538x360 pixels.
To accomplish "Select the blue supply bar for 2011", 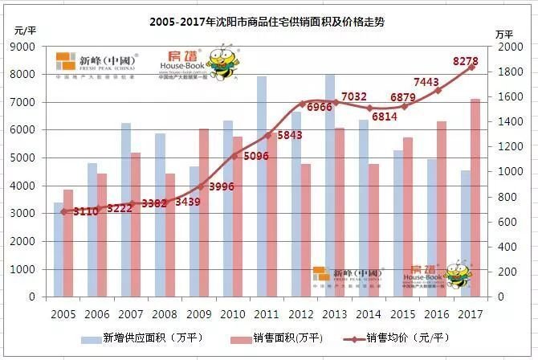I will (x=262, y=185).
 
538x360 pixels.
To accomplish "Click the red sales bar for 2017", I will (x=475, y=197).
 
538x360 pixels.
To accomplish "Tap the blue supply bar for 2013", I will (x=329, y=185).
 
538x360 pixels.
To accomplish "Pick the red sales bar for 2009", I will (x=204, y=212).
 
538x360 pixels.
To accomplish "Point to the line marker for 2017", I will (x=471, y=67).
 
